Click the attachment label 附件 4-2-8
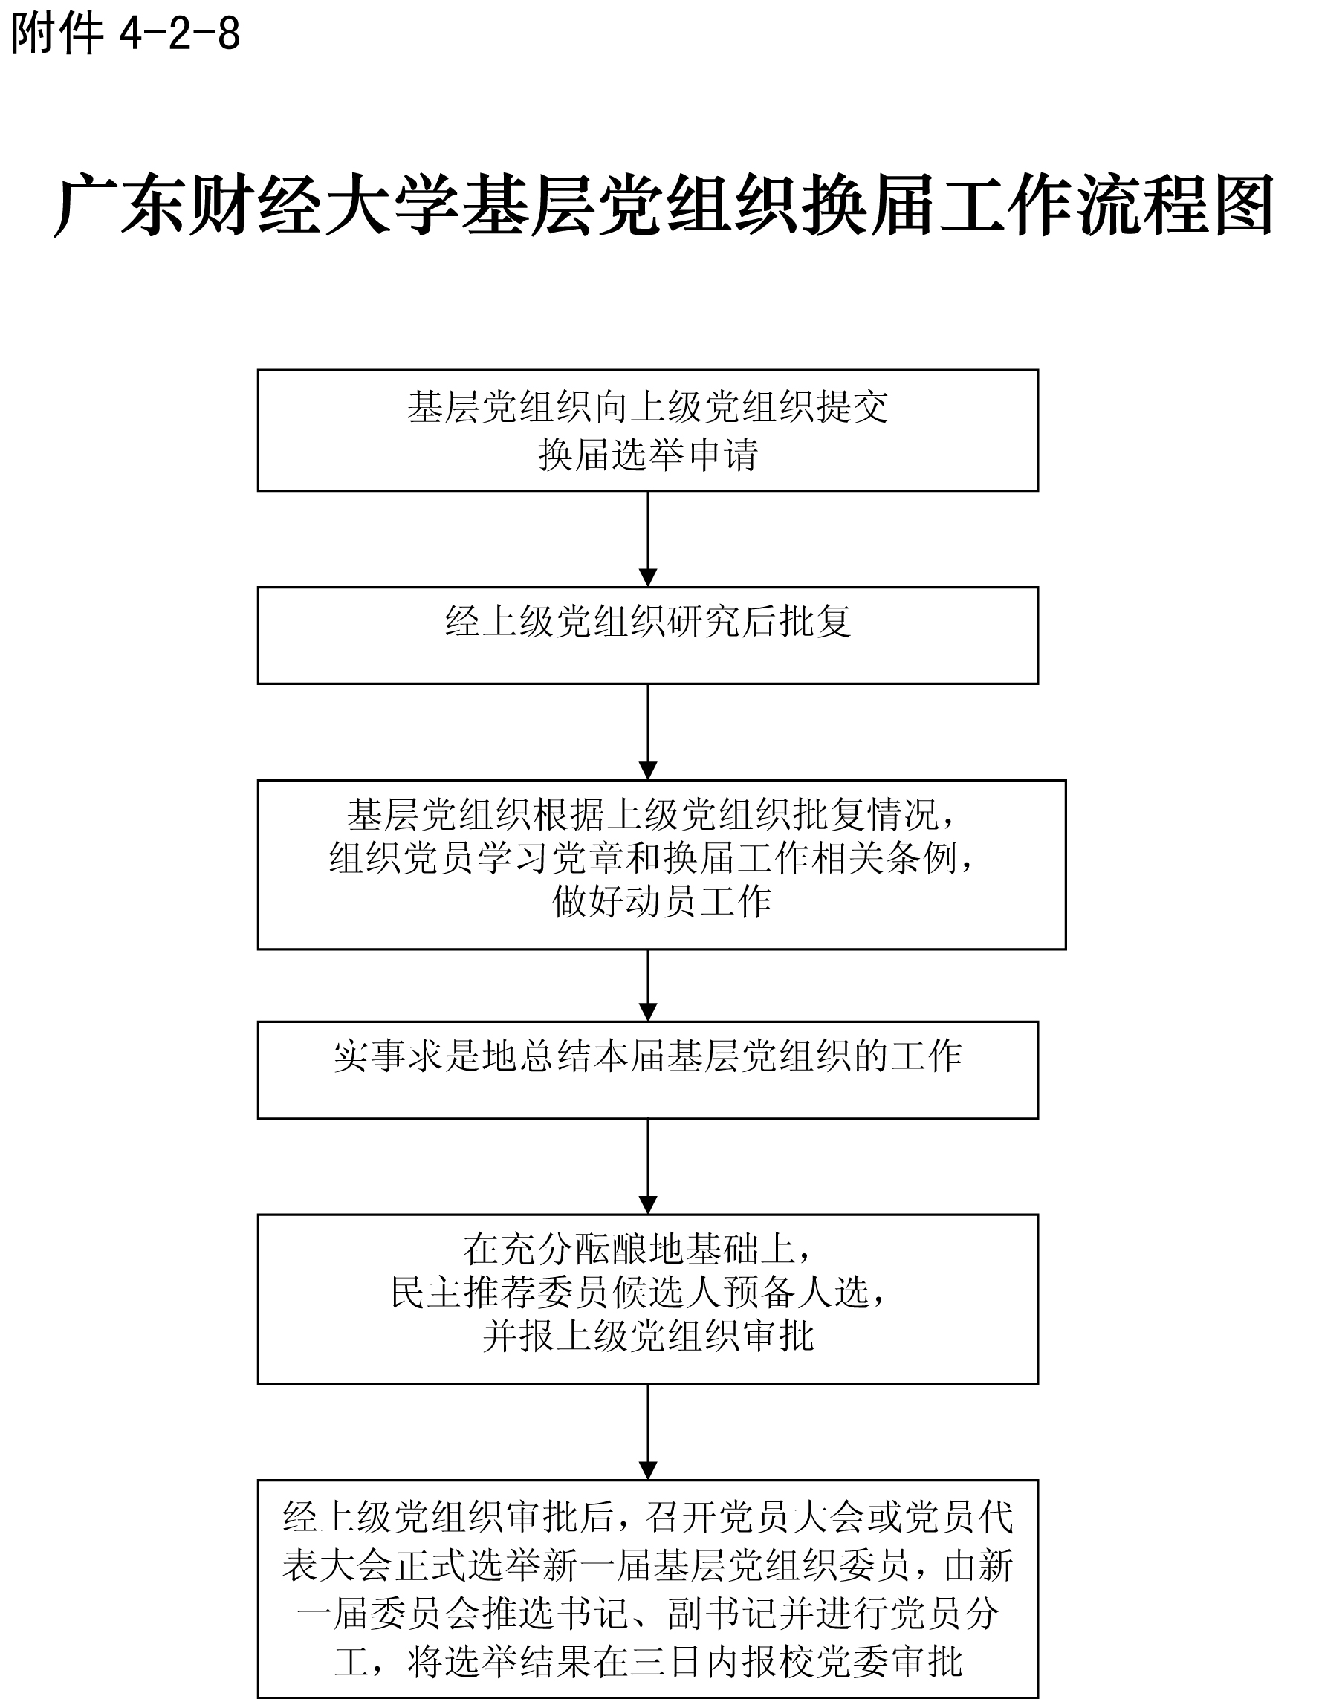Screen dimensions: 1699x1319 pos(125,34)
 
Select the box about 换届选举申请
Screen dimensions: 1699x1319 pos(647,430)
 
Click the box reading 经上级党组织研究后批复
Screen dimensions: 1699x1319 pos(647,636)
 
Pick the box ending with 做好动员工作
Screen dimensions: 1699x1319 pos(661,864)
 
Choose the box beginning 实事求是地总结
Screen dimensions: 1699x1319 pos(647,1070)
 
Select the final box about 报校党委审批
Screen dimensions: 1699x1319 pos(647,1587)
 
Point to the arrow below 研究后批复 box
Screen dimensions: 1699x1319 pos(647,731)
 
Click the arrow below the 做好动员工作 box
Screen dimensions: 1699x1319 pos(647,985)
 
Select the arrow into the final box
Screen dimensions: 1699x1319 pos(647,1432)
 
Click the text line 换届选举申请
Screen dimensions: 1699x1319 pos(647,455)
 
